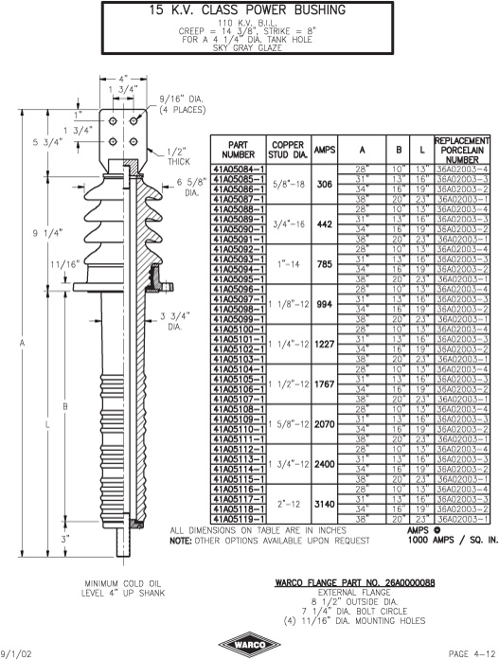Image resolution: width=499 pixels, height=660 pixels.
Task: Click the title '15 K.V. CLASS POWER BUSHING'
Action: pyautogui.click(x=247, y=10)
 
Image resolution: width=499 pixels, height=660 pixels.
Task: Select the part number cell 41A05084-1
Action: pyautogui.click(x=239, y=169)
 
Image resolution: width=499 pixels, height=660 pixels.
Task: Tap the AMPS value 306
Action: pyautogui.click(x=325, y=184)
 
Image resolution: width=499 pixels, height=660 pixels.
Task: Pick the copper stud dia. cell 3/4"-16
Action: pyautogui.click(x=289, y=223)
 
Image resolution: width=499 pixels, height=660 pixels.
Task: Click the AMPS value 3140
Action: pyautogui.click(x=325, y=504)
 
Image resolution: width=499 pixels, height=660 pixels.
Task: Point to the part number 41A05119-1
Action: pyautogui.click(x=239, y=520)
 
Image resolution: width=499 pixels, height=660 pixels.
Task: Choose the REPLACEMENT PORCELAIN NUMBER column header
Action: pyautogui.click(x=461, y=150)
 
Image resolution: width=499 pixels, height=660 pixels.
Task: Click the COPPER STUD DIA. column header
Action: pyautogui.click(x=288, y=150)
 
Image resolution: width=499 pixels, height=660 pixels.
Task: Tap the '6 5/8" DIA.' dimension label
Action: pyautogui.click(x=191, y=187)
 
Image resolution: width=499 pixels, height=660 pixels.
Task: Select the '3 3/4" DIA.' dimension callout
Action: pyautogui.click(x=175, y=321)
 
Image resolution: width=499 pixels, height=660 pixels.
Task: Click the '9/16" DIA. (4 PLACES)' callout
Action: pyautogui.click(x=182, y=104)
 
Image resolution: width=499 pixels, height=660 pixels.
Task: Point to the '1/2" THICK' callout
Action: pyautogui.click(x=179, y=156)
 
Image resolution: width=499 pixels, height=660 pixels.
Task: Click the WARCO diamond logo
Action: pyautogui.click(x=250, y=645)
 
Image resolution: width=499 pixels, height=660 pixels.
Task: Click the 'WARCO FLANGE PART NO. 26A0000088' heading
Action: pyautogui.click(x=355, y=582)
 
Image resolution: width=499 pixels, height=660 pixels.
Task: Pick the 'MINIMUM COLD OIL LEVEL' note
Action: pyautogui.click(x=123, y=588)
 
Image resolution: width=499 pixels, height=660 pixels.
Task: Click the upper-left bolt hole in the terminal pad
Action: pyautogui.click(x=113, y=121)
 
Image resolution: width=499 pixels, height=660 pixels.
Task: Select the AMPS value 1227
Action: pyautogui.click(x=325, y=344)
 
